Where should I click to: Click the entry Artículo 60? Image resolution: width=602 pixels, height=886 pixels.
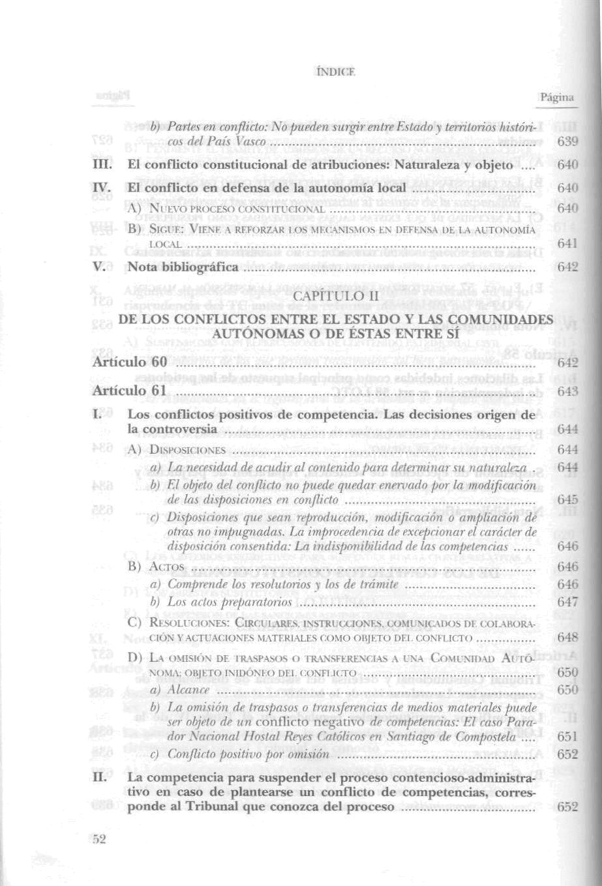[130, 362]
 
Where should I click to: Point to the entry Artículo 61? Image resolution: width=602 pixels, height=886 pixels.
[130, 391]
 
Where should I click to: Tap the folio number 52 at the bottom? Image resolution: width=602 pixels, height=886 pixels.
[98, 840]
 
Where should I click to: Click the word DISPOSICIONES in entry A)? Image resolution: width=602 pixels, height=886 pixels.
[187, 450]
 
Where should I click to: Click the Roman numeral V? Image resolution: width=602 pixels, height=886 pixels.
[100, 267]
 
